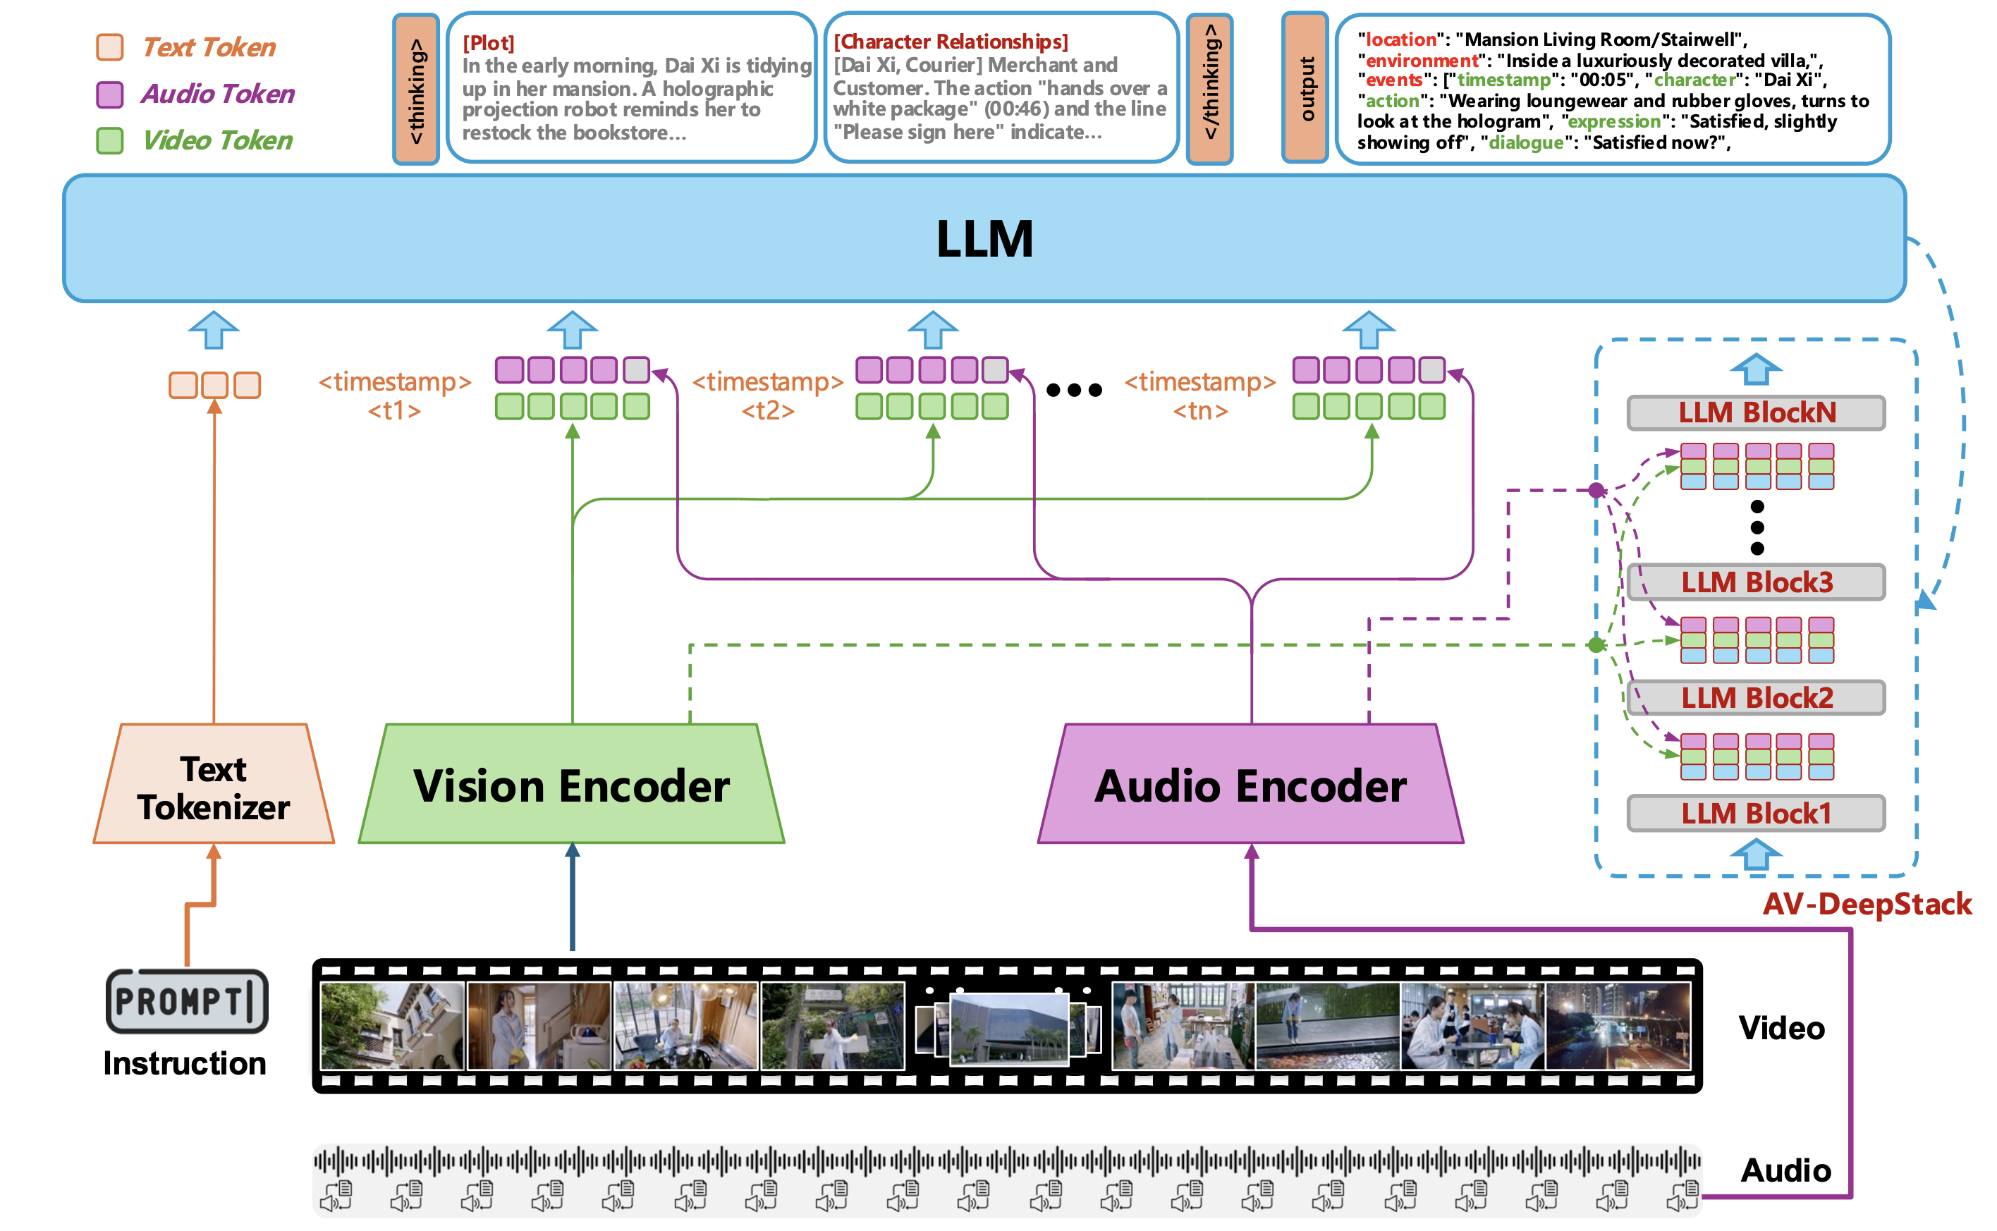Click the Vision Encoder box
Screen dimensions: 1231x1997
coord(570,785)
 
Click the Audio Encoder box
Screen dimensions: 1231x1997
coord(1250,785)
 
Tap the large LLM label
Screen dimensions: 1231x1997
coord(984,240)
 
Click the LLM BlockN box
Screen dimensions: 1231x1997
coord(1755,412)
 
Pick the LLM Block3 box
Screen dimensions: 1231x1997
coord(1755,582)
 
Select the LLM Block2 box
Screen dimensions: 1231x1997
coord(1755,698)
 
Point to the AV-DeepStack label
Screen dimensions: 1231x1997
coord(1866,904)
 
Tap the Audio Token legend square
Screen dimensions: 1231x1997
coord(110,94)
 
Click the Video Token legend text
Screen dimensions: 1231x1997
coord(216,141)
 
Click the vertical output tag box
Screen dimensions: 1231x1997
coord(1305,88)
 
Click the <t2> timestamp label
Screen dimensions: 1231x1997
coord(767,410)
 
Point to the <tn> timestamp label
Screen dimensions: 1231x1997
coord(1199,410)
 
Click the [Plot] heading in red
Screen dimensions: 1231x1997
coord(488,42)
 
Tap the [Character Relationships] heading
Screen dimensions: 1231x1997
coord(950,41)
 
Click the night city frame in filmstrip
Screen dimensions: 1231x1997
coord(1617,1025)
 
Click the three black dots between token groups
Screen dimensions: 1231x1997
coord(1074,390)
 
